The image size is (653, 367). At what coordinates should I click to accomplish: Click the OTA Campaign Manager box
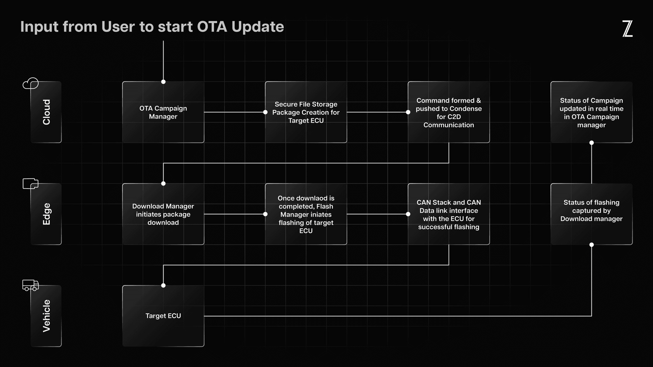[x=163, y=112]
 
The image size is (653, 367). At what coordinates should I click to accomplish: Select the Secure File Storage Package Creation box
[x=306, y=112]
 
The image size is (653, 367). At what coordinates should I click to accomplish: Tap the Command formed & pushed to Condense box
[x=449, y=112]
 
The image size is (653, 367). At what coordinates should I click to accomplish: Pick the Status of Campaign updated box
[x=591, y=112]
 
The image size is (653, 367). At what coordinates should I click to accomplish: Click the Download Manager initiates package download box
[x=163, y=214]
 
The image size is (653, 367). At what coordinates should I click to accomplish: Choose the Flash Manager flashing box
[x=306, y=214]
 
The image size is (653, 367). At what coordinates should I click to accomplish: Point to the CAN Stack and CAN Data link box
[x=449, y=214]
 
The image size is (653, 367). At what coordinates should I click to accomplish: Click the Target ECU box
[x=163, y=316]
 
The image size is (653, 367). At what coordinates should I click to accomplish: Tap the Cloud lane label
[x=46, y=112]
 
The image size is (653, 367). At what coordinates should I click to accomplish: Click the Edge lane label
[x=46, y=214]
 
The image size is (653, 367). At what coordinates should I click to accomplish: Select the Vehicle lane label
[x=46, y=316]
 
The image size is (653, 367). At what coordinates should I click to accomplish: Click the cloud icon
[x=31, y=83]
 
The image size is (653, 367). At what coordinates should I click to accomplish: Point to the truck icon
[x=31, y=285]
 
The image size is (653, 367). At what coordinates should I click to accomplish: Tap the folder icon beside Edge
[x=31, y=183]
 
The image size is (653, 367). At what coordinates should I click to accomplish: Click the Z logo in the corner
[x=627, y=29]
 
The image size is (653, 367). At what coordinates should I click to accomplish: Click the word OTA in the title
[x=212, y=27]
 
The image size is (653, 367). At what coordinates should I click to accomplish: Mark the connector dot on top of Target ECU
[x=163, y=285]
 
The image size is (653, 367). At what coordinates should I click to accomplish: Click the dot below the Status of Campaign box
[x=591, y=143]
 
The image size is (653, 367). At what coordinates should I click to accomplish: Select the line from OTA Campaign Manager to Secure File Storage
[x=234, y=112]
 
